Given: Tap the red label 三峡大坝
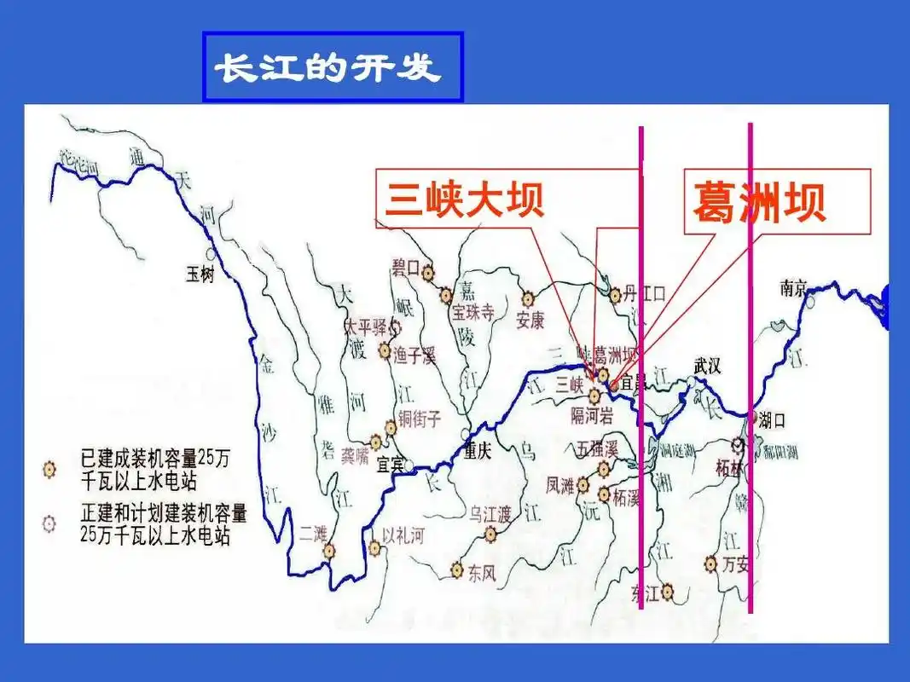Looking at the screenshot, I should pos(464,199).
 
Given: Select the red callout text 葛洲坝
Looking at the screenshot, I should pos(758,203).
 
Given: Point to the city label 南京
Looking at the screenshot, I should pos(793,288).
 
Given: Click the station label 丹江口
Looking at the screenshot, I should pos(643,295).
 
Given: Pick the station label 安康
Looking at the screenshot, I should pos(530,321).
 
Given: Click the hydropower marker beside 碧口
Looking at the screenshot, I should pos(427,271).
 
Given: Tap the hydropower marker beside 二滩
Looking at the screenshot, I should pos(329,552).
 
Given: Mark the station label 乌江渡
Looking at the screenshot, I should pos(490,513).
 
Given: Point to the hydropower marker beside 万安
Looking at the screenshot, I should pos(710,563).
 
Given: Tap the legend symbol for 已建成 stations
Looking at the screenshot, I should pos(50,469).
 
